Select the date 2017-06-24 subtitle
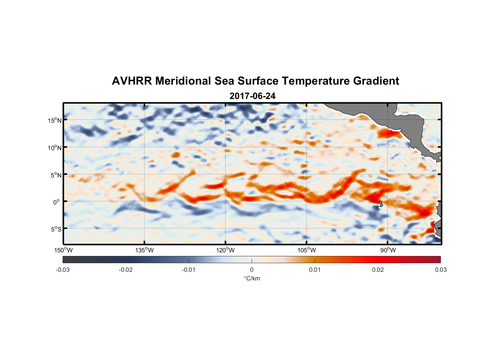[x=252, y=96]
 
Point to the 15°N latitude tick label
[x=55, y=120]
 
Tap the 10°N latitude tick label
[x=55, y=148]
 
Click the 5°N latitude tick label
[x=56, y=175]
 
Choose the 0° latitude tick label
[x=57, y=202]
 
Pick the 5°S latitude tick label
[x=56, y=229]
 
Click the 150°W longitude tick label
[x=63, y=250]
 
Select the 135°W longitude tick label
[x=144, y=250]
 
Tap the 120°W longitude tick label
[x=225, y=250]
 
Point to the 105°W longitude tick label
[x=307, y=250]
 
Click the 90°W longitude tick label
[x=388, y=250]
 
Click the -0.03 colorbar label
[x=63, y=270]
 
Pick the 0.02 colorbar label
[x=378, y=270]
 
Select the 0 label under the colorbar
[x=252, y=270]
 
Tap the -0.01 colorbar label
[x=189, y=270]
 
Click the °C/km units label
[x=252, y=278]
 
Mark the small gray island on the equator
[x=381, y=204]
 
